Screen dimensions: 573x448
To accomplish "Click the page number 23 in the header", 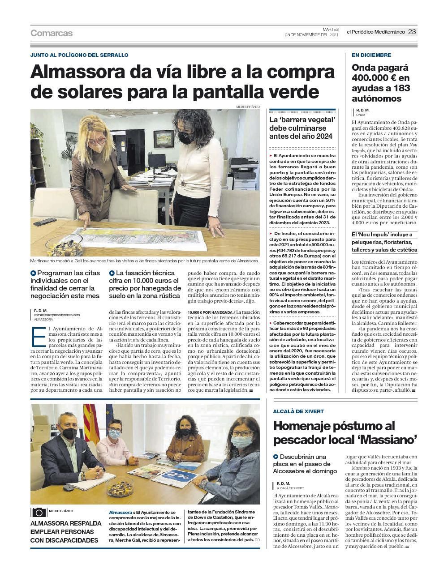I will pos(412,32).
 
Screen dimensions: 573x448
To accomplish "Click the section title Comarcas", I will pos(52,33).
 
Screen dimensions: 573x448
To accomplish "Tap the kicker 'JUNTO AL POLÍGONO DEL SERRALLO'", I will pos(79,55).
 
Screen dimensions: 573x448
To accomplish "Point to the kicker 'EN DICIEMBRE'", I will pos(371,55).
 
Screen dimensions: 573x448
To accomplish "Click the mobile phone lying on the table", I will pos(45,222).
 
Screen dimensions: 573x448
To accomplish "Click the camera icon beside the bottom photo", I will pos(39,512).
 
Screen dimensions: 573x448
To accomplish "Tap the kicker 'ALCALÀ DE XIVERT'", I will pos(298,411).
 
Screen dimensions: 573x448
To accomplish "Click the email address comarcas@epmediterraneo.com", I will pos(56,315).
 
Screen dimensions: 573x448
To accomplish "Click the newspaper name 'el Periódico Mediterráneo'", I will pos(375,32).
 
